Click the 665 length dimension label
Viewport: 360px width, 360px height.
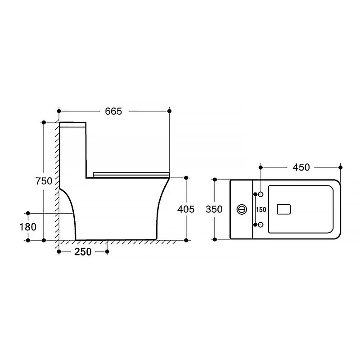click(113, 111)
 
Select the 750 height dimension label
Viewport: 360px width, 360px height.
click(44, 181)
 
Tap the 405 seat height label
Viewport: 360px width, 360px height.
click(186, 209)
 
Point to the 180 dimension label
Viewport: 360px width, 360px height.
click(28, 227)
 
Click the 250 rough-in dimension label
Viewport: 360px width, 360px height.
click(83, 252)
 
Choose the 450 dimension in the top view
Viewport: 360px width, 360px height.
click(301, 167)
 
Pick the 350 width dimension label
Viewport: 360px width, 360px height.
click(214, 209)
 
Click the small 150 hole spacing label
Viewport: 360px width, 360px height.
click(261, 210)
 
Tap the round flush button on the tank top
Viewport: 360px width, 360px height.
click(242, 209)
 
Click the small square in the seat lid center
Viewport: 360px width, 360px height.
click(284, 209)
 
